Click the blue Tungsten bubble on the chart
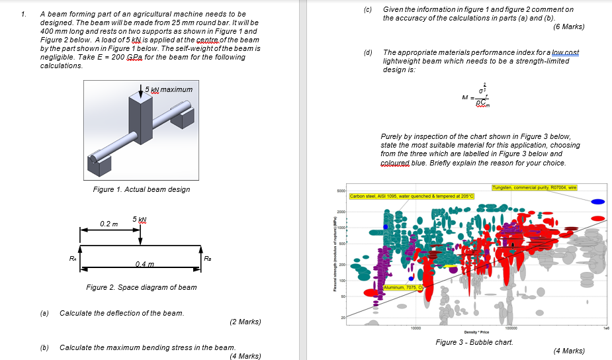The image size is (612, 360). tap(597, 201)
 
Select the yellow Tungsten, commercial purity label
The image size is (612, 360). tap(535, 188)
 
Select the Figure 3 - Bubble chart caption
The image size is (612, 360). tap(474, 342)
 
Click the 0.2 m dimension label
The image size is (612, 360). tap(110, 224)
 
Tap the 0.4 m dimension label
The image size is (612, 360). tap(146, 265)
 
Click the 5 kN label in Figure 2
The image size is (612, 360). tap(140, 219)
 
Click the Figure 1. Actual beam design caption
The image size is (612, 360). tap(142, 189)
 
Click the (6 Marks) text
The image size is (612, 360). tap(569, 26)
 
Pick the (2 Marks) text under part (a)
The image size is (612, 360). tap(245, 322)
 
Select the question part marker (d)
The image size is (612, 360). tap(368, 52)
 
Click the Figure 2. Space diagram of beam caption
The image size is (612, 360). tap(141, 287)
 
